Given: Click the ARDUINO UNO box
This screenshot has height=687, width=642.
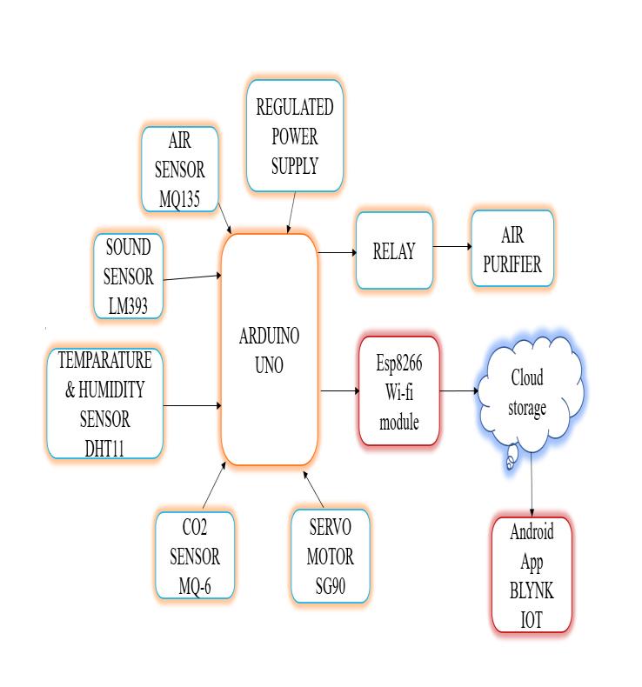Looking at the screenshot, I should coord(269,350).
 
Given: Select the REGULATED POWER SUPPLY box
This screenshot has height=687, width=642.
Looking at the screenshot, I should coord(294,137).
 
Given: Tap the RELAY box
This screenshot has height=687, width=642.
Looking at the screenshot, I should coord(394,251).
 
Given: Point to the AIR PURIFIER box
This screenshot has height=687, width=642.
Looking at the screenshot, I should coord(512,250).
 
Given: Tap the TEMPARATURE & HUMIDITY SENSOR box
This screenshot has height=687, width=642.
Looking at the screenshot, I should coord(105,403).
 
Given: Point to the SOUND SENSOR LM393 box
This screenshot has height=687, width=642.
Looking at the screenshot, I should coord(129,277).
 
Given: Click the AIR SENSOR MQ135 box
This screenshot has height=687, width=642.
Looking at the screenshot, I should coord(180,170).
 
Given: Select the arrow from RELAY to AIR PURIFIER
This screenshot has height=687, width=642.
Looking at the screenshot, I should coord(451,247).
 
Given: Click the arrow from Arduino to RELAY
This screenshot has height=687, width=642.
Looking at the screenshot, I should coord(338,252).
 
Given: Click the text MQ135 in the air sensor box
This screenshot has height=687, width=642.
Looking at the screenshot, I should coord(180,199).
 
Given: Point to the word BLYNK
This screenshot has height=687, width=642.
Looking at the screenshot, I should coord(532,591).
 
